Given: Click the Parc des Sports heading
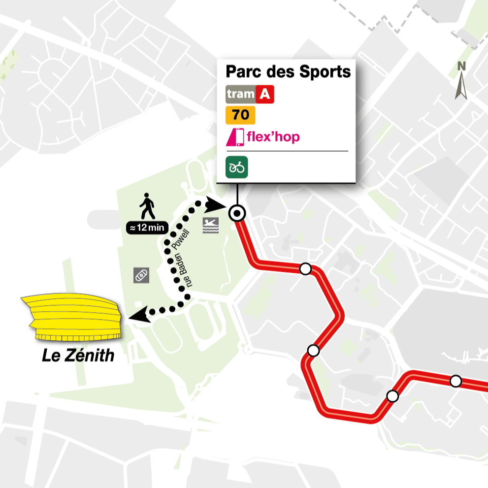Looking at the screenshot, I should click(x=288, y=71).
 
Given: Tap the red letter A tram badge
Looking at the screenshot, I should click(x=265, y=95).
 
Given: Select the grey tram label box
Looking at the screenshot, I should click(x=240, y=95).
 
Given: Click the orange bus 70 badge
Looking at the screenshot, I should click(x=240, y=115).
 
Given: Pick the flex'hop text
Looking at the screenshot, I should click(x=273, y=136).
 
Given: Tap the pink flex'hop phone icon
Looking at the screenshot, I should click(x=235, y=137).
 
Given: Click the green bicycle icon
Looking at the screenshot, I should click(x=237, y=167).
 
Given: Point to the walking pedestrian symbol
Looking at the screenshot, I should click(x=147, y=206).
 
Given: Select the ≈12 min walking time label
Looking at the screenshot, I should click(x=147, y=228).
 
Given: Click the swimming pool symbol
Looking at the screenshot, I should click(x=210, y=226).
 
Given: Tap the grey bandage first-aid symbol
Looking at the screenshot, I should click(x=141, y=275).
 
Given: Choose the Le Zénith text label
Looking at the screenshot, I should click(x=78, y=355).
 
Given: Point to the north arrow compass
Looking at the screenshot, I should click(x=461, y=81).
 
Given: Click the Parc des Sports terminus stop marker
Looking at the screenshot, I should click(x=237, y=213).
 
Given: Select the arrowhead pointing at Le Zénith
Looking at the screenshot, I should click(x=137, y=314).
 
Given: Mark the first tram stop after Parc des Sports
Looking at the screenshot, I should click(x=305, y=269).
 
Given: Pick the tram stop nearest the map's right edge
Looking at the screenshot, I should click(x=455, y=381).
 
